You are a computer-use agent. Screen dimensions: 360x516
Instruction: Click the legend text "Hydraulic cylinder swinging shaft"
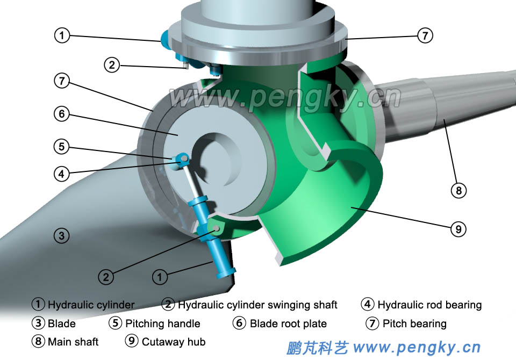[x=257, y=305]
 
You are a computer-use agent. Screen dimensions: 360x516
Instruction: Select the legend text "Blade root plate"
[x=288, y=323]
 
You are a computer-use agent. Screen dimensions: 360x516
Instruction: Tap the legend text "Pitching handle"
[x=162, y=323]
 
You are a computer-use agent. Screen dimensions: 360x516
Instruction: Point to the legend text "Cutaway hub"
[x=174, y=342]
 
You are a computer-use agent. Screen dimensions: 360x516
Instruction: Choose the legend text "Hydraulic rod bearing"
[x=429, y=305]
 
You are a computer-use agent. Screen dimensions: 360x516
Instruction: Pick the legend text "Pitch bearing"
[x=414, y=323]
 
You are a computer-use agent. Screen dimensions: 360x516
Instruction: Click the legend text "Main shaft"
[x=73, y=342]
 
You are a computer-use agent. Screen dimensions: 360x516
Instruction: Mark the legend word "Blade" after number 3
[x=62, y=323]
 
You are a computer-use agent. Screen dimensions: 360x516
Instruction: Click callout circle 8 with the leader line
[x=458, y=190]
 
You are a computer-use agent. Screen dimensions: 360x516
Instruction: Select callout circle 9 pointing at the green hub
[x=458, y=229]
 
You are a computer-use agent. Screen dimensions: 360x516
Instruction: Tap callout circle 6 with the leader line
[x=62, y=114]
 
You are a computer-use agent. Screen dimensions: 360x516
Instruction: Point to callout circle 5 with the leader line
[x=62, y=146]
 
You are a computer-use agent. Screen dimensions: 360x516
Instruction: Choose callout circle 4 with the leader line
[x=62, y=174]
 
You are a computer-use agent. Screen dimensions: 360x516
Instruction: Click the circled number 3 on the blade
[x=62, y=235]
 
